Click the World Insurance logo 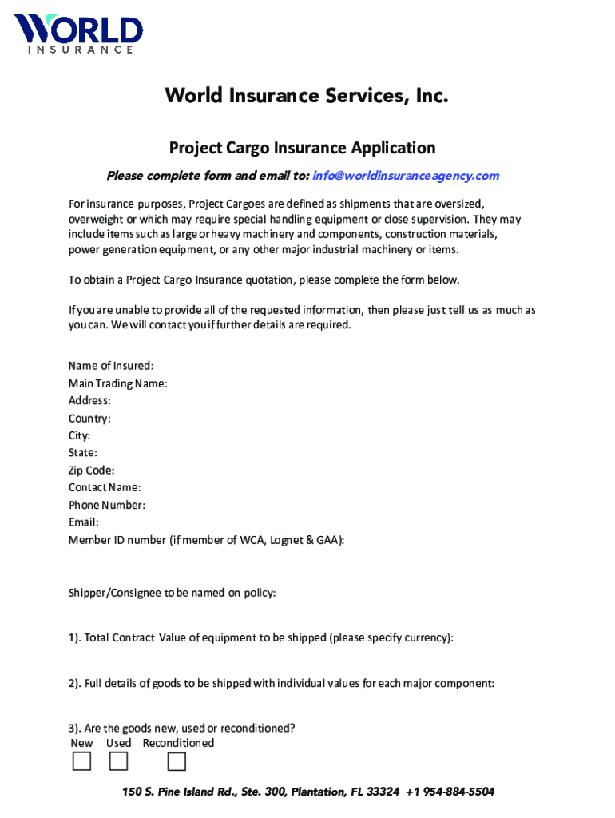pyautogui.click(x=77, y=34)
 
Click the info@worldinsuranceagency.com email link pyautogui.click(x=406, y=176)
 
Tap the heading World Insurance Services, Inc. pyautogui.click(x=307, y=97)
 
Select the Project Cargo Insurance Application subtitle pyautogui.click(x=302, y=148)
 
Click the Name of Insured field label pyautogui.click(x=111, y=366)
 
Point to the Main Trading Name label pyautogui.click(x=117, y=383)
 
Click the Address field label pyautogui.click(x=89, y=401)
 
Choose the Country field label pyautogui.click(x=89, y=419)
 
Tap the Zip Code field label pyautogui.click(x=91, y=471)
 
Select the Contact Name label pyautogui.click(x=105, y=487)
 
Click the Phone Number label pyautogui.click(x=107, y=505)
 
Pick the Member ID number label pyautogui.click(x=206, y=540)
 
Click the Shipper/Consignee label pyautogui.click(x=172, y=593)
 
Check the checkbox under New pyautogui.click(x=81, y=762)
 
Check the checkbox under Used pyautogui.click(x=119, y=762)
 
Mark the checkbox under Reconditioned pyautogui.click(x=177, y=762)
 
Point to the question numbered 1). pyautogui.click(x=260, y=637)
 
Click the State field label pyautogui.click(x=83, y=453)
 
